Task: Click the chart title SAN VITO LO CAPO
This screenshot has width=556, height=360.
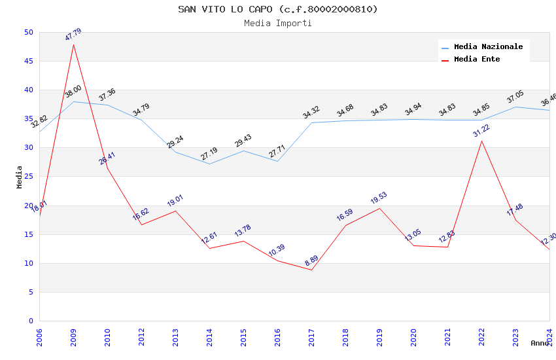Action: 278,9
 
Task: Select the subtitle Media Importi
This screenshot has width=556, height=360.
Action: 278,23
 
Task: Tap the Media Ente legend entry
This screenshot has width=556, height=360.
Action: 477,59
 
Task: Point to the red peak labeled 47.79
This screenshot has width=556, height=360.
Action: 73,45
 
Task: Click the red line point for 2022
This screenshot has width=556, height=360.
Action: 481,141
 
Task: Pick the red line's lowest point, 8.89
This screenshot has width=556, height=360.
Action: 311,270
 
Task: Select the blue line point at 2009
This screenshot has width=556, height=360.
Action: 73,101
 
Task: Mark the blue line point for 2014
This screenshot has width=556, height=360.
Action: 209,164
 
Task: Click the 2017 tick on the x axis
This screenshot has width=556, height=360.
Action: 311,334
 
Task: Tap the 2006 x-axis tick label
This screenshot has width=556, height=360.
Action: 39,334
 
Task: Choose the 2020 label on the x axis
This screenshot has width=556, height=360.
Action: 413,334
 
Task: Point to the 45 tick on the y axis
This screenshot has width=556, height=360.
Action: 28,61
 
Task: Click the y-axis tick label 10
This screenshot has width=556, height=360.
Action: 28,263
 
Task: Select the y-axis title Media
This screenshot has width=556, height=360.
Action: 20,177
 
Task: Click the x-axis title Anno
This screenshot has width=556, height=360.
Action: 540,343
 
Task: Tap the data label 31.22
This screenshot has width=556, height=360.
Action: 481,130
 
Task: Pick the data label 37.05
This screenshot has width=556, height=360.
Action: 515,98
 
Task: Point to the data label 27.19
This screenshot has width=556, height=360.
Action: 209,154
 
